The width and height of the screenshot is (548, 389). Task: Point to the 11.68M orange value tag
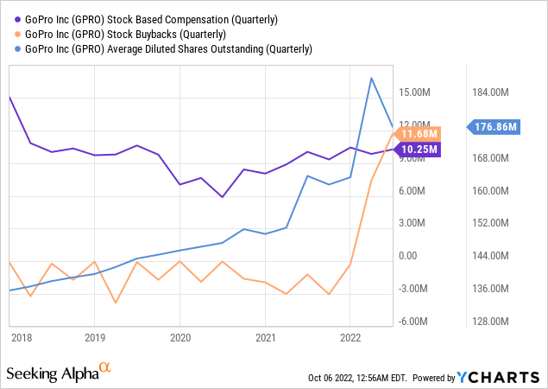click(x=421, y=134)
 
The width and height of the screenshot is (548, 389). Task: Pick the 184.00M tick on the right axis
click(x=498, y=92)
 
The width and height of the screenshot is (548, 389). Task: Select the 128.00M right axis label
click(x=498, y=321)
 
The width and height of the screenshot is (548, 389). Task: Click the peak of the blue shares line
click(x=371, y=79)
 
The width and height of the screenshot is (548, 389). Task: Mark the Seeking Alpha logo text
click(x=52, y=373)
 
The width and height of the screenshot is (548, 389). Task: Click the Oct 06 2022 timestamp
click(x=357, y=379)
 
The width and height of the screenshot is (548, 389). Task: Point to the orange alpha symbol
click(x=105, y=368)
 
